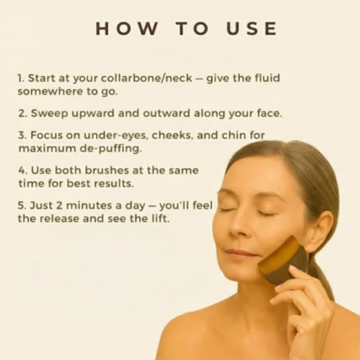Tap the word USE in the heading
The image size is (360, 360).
[x=252, y=29]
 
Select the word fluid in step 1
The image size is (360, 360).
[x=267, y=78]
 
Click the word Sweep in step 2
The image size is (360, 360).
[x=49, y=114]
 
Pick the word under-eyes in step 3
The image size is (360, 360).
[x=116, y=135]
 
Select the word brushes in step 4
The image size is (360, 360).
[x=106, y=170]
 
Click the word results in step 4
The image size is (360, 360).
[x=116, y=183]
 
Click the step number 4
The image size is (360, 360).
[x=22, y=170]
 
